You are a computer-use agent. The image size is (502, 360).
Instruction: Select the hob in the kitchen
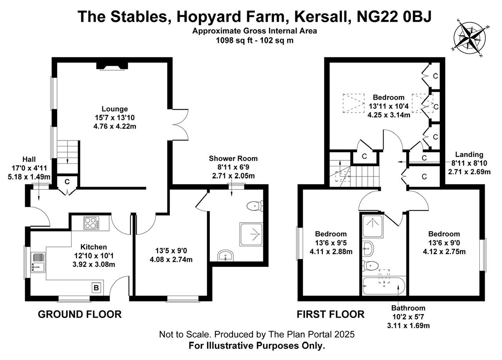[x=91, y=224]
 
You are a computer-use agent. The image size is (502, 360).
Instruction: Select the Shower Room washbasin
[x=226, y=256]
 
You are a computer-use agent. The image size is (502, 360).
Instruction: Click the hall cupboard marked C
[x=67, y=182]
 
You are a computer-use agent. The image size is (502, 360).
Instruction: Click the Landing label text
[x=469, y=155]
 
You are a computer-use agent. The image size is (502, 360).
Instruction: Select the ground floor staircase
[x=67, y=153]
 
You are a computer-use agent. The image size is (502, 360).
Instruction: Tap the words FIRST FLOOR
[x=330, y=314]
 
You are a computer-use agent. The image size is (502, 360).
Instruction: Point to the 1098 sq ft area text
[x=229, y=40]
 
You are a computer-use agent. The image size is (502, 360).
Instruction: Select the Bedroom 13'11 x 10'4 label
[x=388, y=106]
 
